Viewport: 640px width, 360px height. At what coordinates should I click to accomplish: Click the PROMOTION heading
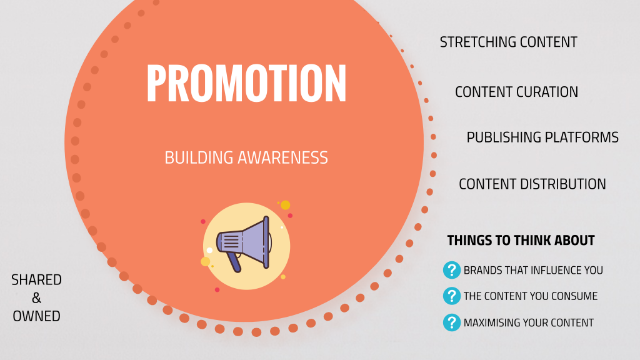[246, 83]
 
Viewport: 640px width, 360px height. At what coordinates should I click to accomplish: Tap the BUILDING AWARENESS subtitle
[246, 158]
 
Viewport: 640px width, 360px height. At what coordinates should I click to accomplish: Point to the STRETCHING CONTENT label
[509, 42]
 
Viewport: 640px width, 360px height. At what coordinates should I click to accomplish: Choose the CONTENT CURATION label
[516, 92]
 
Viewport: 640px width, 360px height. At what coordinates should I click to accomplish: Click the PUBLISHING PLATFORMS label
[542, 137]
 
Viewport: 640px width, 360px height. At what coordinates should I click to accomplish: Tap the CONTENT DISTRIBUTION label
[532, 184]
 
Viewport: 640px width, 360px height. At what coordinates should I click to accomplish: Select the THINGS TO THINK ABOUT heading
[521, 241]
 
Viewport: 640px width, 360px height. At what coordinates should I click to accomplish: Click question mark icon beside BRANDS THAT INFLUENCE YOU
[452, 270]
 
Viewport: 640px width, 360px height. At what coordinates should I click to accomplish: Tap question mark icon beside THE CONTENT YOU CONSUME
[452, 296]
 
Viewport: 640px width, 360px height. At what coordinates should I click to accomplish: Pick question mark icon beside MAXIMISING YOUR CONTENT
[452, 322]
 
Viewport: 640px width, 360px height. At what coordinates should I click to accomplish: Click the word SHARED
[36, 280]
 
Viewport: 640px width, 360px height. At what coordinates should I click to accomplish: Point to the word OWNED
[36, 316]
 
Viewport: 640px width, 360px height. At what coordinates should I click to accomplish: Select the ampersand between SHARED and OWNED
[36, 298]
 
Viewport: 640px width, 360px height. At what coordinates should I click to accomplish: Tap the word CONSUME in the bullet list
[574, 296]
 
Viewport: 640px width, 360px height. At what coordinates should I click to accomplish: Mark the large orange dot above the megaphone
[285, 205]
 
